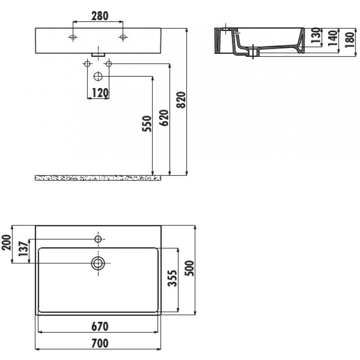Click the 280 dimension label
point(100,16)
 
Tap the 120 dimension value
point(100,93)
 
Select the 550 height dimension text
point(147,124)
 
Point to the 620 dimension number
point(164,118)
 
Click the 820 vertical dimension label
point(181,100)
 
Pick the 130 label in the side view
point(316,35)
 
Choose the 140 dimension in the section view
point(333,38)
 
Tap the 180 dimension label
point(350,40)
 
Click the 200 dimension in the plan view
point(6,242)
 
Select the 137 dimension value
point(23,249)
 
